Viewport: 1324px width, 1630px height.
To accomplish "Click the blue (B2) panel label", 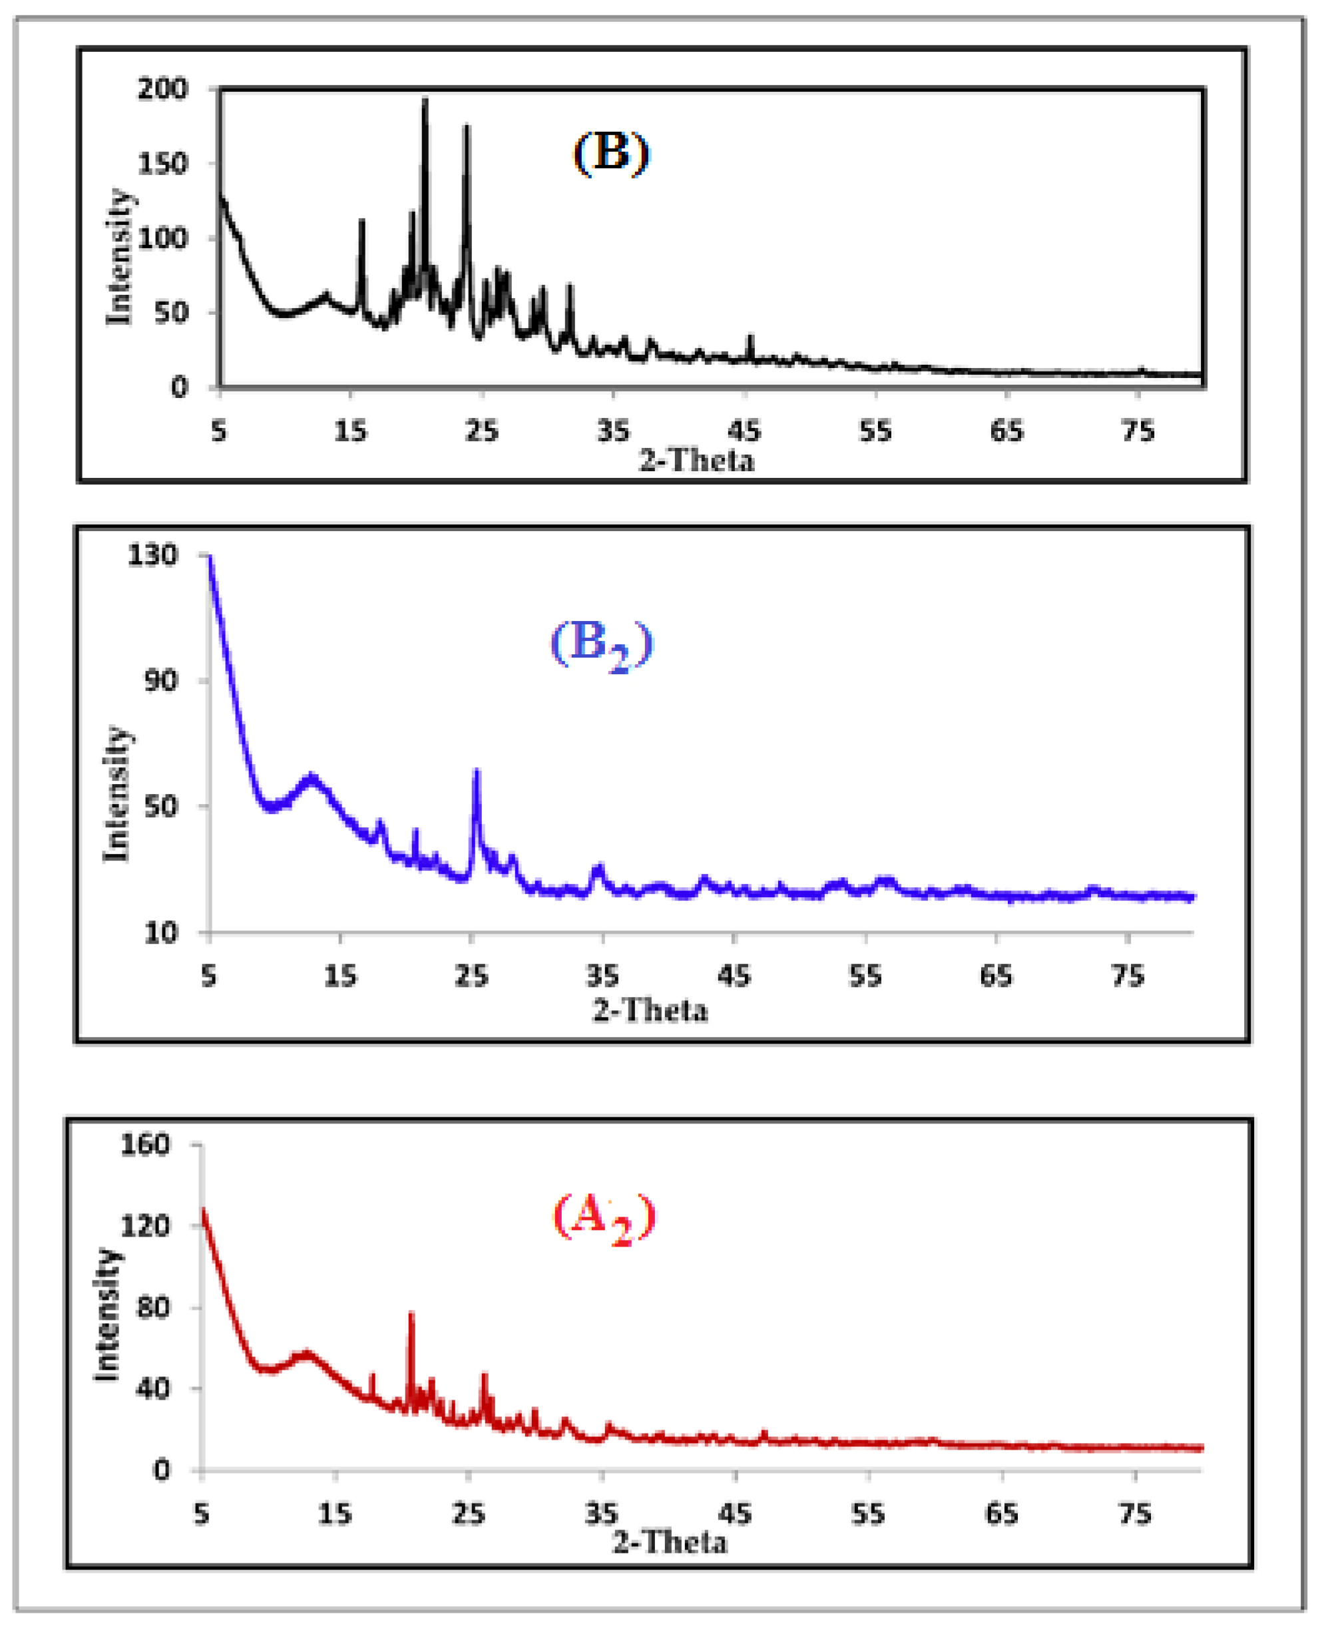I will click(x=602, y=644).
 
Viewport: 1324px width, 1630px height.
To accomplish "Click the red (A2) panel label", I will click(x=603, y=1217).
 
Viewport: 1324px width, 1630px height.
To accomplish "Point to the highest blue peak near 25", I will click(x=477, y=772).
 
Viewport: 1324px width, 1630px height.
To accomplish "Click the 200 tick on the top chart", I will click(x=162, y=89).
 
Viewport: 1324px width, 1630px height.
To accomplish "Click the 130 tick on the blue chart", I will click(x=152, y=555).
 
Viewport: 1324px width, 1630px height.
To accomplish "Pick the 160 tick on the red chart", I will click(x=145, y=1144).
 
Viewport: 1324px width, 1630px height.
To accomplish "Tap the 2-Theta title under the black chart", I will click(x=696, y=461).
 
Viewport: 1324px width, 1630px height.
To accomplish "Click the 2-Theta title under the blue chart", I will click(x=650, y=1011).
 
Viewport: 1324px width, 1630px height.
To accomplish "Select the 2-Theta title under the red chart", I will click(x=670, y=1543).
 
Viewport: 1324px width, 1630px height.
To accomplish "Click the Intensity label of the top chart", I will click(x=119, y=257).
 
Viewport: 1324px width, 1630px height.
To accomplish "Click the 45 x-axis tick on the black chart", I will click(x=744, y=432).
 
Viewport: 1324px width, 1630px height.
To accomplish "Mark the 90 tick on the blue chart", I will click(x=160, y=680).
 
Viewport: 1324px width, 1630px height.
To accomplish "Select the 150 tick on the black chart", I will click(x=162, y=164).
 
